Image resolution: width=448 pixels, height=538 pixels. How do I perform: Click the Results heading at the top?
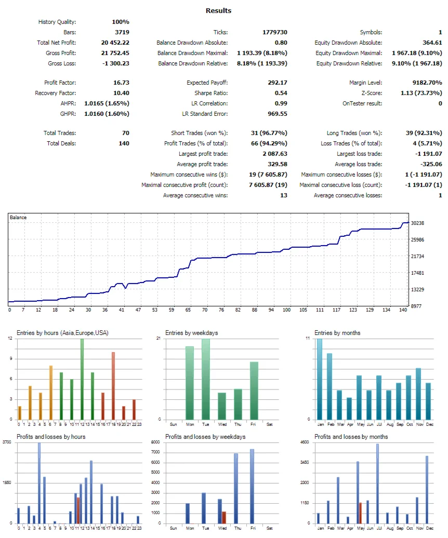pos(218,10)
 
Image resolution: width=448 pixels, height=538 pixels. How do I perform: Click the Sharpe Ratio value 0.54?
pos(281,93)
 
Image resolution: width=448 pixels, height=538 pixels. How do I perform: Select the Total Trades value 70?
pos(125,133)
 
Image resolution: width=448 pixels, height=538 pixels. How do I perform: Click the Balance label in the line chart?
pos(18,218)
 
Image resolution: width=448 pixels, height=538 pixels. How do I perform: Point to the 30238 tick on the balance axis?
pos(418,223)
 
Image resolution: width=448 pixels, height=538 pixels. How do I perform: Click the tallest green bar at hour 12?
pos(82,379)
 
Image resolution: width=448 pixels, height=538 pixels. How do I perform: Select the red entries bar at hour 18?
pos(113,386)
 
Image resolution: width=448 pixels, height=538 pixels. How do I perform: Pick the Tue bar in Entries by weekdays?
pos(206,379)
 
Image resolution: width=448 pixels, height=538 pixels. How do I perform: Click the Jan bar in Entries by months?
pos(320,379)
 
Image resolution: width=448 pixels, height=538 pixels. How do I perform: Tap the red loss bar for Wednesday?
pos(224,517)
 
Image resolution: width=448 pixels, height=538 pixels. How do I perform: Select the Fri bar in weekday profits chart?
pos(252,486)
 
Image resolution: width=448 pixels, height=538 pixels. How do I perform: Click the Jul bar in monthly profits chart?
pos(377,483)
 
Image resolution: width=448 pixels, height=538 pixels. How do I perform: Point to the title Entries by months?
pos(337,333)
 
